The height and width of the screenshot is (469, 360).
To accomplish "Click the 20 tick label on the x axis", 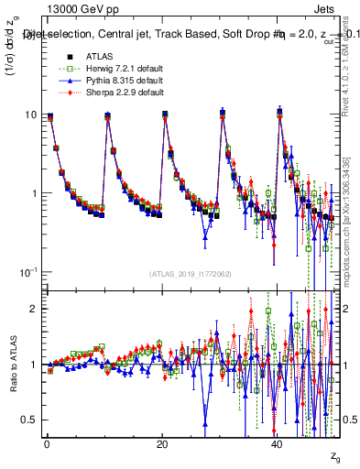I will tap(161, 443).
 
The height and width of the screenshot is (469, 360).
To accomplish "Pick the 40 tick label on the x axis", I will tap(278, 443).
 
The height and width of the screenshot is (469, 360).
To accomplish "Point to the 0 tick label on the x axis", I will tap(47, 443).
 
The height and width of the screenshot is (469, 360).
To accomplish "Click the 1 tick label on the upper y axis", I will tap(33, 194).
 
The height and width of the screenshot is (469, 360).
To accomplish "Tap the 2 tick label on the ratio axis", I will tap(33, 309).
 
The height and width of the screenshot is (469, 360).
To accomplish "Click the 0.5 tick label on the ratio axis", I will tap(29, 420).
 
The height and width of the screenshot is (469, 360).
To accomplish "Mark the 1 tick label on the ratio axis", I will tap(33, 365).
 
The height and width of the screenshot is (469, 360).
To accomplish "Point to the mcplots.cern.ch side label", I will tap(351, 229).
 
